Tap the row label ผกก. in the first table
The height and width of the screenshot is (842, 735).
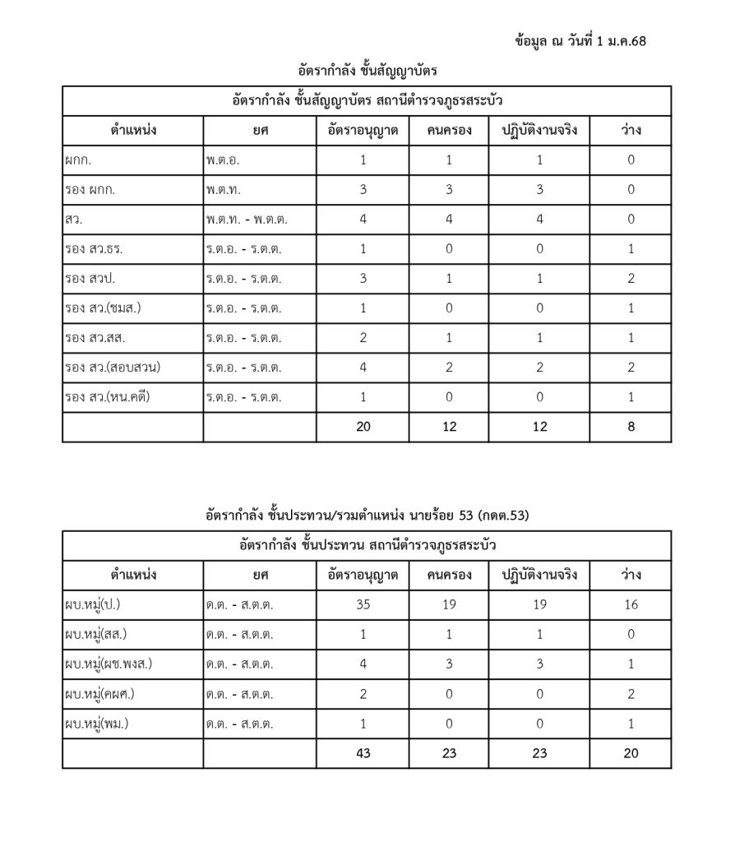click(x=77, y=160)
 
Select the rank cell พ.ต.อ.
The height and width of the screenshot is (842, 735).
click(x=223, y=160)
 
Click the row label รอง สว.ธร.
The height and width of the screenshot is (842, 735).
click(x=94, y=249)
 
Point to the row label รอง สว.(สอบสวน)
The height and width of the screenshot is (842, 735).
click(x=113, y=368)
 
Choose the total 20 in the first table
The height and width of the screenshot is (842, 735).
click(x=363, y=427)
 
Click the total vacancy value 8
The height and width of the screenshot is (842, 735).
click(x=631, y=427)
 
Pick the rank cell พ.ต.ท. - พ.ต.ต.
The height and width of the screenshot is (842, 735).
click(x=247, y=220)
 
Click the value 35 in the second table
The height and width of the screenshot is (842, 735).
click(x=363, y=606)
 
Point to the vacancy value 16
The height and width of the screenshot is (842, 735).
click(x=631, y=606)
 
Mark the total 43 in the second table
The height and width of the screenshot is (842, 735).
click(x=363, y=752)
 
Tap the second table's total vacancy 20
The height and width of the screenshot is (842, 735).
click(x=631, y=752)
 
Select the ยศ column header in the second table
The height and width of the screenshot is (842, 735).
click(x=260, y=575)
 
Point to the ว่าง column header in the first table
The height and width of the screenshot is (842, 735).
click(x=631, y=131)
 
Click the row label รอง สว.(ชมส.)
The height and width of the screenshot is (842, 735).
click(x=103, y=308)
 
